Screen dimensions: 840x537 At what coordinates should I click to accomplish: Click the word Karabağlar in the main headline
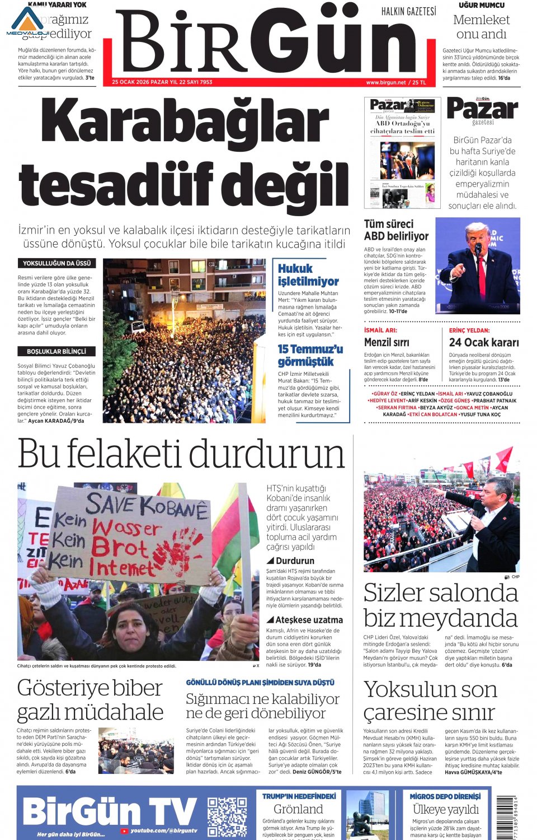pos(185,122)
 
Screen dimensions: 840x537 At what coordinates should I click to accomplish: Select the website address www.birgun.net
pos(385,82)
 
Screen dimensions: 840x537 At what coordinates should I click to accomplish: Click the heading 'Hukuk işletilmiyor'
pos(308,274)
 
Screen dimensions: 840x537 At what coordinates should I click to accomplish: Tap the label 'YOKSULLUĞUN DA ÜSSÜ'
pos(56,263)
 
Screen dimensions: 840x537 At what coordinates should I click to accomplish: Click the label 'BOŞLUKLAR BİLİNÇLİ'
pos(56,352)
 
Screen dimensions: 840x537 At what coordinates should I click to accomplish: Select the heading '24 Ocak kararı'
pos(484,342)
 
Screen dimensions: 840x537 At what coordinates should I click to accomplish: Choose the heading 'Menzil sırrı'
pos(387,342)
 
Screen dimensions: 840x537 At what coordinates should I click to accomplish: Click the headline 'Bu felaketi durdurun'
pos(181,454)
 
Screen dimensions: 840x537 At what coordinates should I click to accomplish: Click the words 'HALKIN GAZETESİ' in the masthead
pos(408,11)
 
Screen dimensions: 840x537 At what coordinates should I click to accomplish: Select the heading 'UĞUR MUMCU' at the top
pos(481,5)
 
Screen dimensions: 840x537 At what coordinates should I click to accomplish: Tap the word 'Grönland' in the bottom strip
pos(298,809)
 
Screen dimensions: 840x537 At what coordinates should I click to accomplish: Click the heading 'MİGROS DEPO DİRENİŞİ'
pos(445,796)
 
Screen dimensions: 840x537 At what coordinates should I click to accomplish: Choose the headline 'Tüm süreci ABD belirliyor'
pos(396,230)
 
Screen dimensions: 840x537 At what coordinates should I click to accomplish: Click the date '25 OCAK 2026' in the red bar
pos(130,82)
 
